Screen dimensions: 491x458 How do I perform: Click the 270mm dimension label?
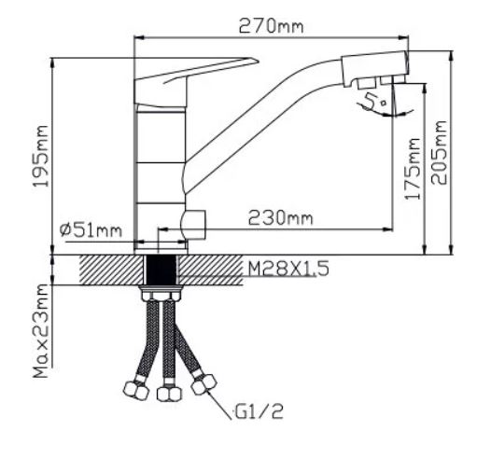point(272,26)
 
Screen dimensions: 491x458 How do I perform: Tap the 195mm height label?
point(41,156)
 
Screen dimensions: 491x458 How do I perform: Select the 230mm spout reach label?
point(281,217)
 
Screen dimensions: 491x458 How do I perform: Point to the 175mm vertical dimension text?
point(412,169)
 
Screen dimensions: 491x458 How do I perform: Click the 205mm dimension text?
point(439,153)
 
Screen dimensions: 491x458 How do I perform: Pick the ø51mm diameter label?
point(91,231)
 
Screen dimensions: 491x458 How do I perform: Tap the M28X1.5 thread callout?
point(288,269)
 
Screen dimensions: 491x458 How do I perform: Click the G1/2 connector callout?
point(259,411)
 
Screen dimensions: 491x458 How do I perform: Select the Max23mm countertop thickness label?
point(41,331)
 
